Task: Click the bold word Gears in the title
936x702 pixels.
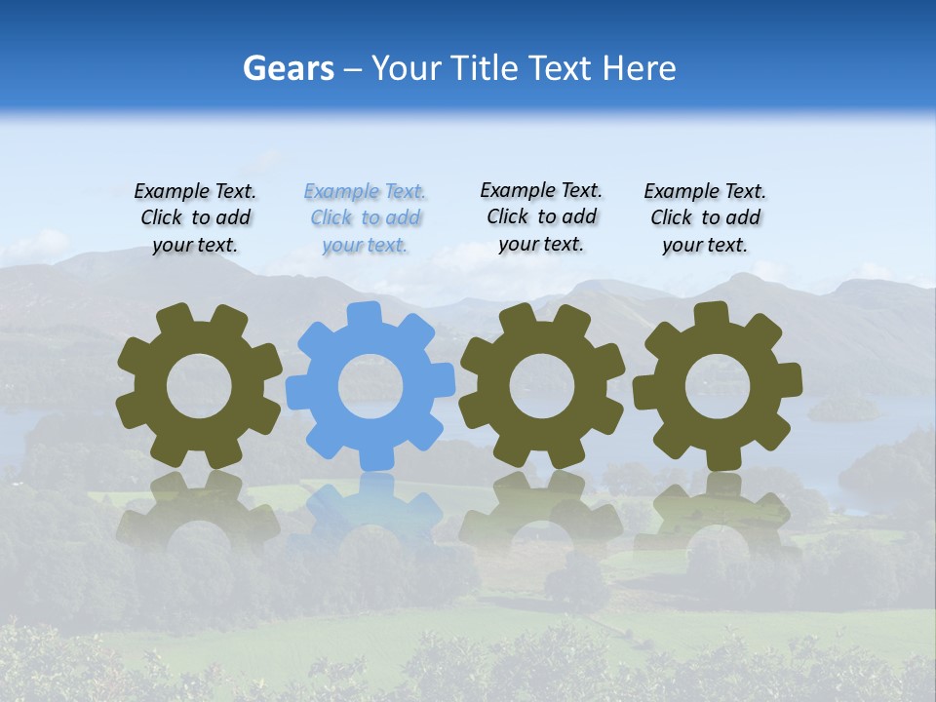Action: pyautogui.click(x=288, y=68)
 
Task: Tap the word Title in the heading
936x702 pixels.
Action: pyautogui.click(x=485, y=68)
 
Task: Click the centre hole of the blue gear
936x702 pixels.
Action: pyautogui.click(x=370, y=386)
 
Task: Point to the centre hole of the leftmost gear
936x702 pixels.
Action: pyautogui.click(x=199, y=386)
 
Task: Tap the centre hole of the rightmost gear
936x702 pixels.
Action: pyautogui.click(x=718, y=386)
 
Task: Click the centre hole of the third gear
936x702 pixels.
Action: pyautogui.click(x=541, y=386)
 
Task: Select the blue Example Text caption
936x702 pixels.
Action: pyautogui.click(x=366, y=218)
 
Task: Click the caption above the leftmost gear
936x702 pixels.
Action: pyautogui.click(x=195, y=218)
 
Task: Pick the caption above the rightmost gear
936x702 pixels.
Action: pyautogui.click(x=705, y=218)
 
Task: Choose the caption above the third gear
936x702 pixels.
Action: pyautogui.click(x=541, y=217)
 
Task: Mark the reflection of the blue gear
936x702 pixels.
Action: pyautogui.click(x=370, y=507)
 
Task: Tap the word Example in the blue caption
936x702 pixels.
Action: pyautogui.click(x=342, y=192)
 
